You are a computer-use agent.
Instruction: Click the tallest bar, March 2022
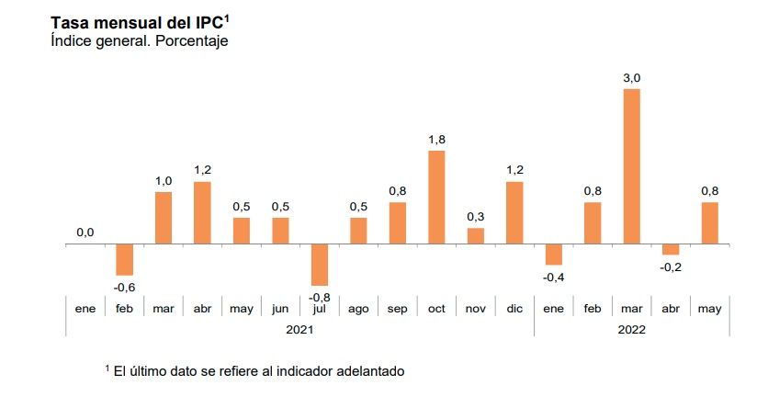632,166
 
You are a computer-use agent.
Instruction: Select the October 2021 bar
436,198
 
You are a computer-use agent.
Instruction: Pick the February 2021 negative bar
124,260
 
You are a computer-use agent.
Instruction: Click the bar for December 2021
514,213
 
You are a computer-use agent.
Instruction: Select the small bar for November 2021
476,236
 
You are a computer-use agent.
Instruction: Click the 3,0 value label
632,78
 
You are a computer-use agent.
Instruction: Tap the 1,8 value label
436,140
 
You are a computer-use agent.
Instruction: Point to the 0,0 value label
85,232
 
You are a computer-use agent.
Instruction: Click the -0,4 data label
553,277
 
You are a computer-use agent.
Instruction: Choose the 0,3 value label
476,217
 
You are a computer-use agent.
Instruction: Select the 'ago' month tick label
358,309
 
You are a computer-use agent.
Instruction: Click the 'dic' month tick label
514,309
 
